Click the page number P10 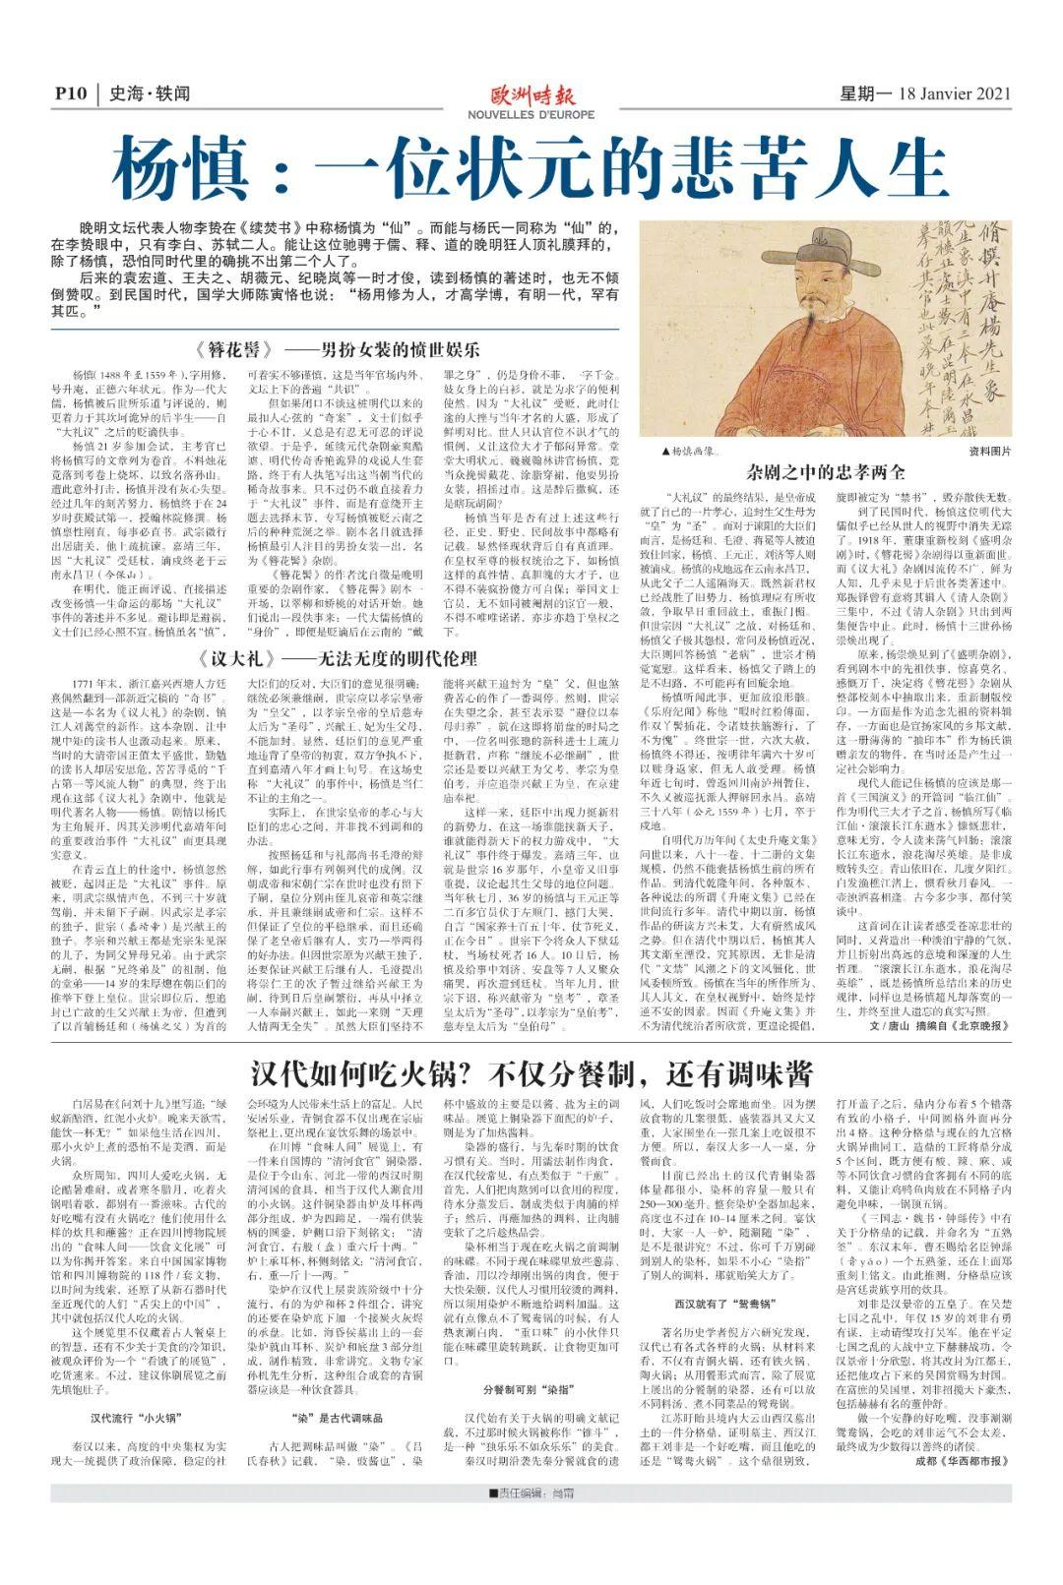[x=71, y=94]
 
